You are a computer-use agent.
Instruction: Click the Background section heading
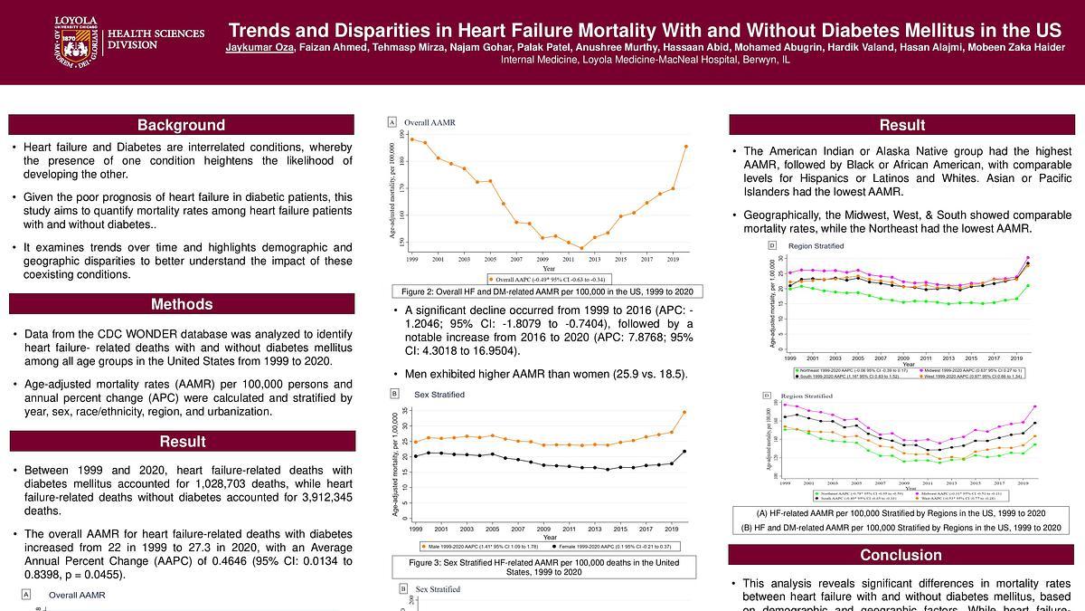coord(181,125)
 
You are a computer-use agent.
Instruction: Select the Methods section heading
coord(181,304)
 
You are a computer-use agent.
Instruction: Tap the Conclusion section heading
coord(901,555)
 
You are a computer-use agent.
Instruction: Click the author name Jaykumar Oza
coord(259,46)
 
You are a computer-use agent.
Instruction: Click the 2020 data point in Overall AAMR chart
coord(686,146)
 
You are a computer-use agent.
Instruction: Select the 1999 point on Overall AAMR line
coord(412,139)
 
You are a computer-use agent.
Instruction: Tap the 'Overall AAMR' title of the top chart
coord(429,122)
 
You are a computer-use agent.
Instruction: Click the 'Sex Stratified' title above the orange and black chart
coord(439,395)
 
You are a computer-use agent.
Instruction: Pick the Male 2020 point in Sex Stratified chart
coord(684,412)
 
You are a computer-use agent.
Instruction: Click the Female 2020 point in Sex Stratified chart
coord(684,451)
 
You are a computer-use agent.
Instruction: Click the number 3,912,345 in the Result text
coord(322,497)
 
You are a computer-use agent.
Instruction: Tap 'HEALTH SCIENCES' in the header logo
coord(156,34)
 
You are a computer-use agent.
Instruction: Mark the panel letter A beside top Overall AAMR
coord(392,122)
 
